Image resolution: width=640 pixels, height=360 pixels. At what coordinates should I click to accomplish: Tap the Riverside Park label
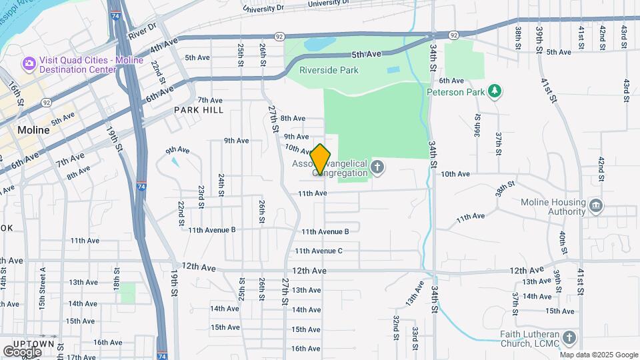(x=329, y=70)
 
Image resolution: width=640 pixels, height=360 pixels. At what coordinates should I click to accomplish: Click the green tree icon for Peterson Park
(x=494, y=91)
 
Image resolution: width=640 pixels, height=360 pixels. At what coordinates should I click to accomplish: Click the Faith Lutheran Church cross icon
(x=569, y=338)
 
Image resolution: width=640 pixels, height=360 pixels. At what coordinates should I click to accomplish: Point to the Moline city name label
(x=33, y=130)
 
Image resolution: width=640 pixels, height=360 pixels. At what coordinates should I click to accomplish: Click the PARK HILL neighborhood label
(x=199, y=110)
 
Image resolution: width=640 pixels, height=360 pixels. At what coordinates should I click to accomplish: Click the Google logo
(x=23, y=351)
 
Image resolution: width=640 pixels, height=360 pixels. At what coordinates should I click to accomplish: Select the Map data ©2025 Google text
(x=599, y=355)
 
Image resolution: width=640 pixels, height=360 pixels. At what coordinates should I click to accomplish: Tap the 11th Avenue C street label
(x=319, y=251)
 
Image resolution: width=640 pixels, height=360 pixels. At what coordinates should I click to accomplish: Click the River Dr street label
(x=142, y=31)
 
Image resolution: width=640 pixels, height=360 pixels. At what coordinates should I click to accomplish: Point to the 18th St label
(x=117, y=277)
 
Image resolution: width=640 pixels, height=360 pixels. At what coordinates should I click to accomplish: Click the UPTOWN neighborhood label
(x=37, y=343)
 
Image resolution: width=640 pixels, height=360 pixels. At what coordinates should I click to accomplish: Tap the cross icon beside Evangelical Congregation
(x=377, y=167)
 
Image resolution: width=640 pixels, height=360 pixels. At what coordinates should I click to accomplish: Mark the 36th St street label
(x=478, y=123)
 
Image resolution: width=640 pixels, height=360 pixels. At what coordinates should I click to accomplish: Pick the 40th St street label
(x=563, y=239)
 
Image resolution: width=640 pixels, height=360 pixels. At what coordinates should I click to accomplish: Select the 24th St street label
(x=221, y=185)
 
